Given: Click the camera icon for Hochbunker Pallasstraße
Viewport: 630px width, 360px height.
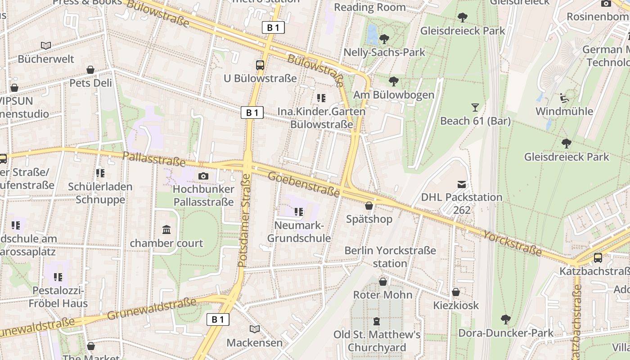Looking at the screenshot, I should pyautogui.click(x=203, y=176).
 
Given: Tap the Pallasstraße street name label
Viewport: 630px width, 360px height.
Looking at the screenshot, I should pyautogui.click(x=154, y=158).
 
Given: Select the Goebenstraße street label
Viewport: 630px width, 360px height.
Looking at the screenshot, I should pyautogui.click(x=304, y=184).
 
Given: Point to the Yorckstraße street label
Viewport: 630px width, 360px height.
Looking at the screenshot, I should pyautogui.click(x=513, y=243).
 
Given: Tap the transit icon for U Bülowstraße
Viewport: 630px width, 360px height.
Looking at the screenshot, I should pyautogui.click(x=260, y=65).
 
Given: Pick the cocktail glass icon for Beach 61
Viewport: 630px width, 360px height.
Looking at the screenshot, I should pyautogui.click(x=475, y=107).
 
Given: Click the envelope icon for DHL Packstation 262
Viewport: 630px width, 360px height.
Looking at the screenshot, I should pyautogui.click(x=462, y=184).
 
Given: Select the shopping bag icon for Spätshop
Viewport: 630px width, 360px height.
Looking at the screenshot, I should pyautogui.click(x=369, y=206).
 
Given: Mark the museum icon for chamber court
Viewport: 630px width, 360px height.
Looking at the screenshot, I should pyautogui.click(x=166, y=229).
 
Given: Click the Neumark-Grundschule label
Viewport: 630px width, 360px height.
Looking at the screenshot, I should pyautogui.click(x=299, y=232).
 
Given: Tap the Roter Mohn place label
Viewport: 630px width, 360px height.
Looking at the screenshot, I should pyautogui.click(x=382, y=295).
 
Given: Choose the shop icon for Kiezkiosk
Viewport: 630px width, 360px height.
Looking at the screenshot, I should pyautogui.click(x=456, y=292).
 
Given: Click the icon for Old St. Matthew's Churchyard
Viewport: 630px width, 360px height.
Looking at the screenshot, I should pyautogui.click(x=377, y=321).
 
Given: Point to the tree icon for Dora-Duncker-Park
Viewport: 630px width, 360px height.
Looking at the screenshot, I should pyautogui.click(x=506, y=319).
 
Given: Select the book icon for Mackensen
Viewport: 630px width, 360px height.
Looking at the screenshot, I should pyautogui.click(x=255, y=329).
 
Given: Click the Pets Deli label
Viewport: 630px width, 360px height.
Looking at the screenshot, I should pyautogui.click(x=90, y=83).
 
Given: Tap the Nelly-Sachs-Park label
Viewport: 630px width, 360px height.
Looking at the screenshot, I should pyautogui.click(x=384, y=52).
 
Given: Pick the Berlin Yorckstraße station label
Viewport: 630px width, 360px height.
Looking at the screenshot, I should pyautogui.click(x=390, y=256).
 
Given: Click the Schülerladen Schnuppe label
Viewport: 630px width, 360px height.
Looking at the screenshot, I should pyautogui.click(x=100, y=193).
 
